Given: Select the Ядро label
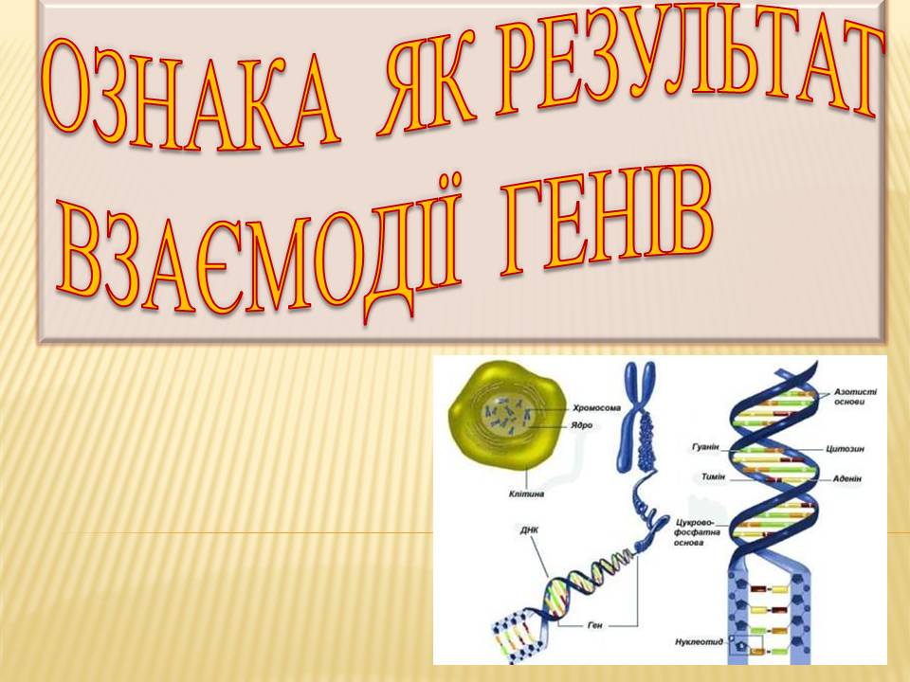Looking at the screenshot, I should coord(582,425).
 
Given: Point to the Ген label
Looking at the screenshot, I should coord(595,626).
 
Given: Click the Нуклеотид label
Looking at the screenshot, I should coord(701,642).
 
